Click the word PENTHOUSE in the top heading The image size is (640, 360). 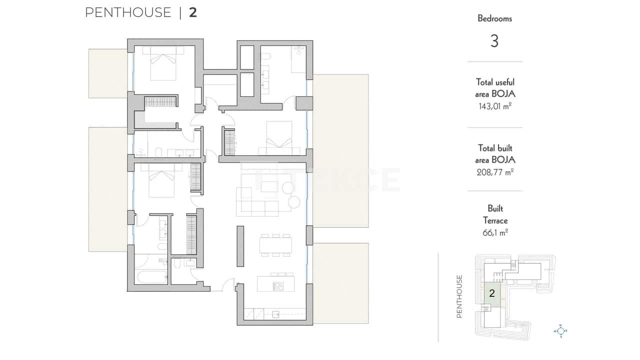[x=128, y=12]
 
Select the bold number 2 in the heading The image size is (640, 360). [x=193, y=12]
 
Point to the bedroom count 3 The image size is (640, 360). [x=494, y=41]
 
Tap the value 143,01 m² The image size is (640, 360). [x=494, y=106]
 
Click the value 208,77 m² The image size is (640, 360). [x=494, y=172]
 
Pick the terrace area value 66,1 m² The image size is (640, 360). [x=494, y=232]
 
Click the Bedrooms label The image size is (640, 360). [x=494, y=18]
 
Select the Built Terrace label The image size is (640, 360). [x=494, y=214]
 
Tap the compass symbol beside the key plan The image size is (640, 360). [x=561, y=330]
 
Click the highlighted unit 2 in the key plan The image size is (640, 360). [x=492, y=293]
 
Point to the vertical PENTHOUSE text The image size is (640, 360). [x=460, y=296]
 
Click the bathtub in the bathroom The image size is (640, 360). [x=151, y=276]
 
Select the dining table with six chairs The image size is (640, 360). [x=275, y=245]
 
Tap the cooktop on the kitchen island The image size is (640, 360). [x=278, y=286]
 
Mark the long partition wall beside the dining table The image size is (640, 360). [x=240, y=247]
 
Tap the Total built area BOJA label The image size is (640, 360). [x=494, y=154]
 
